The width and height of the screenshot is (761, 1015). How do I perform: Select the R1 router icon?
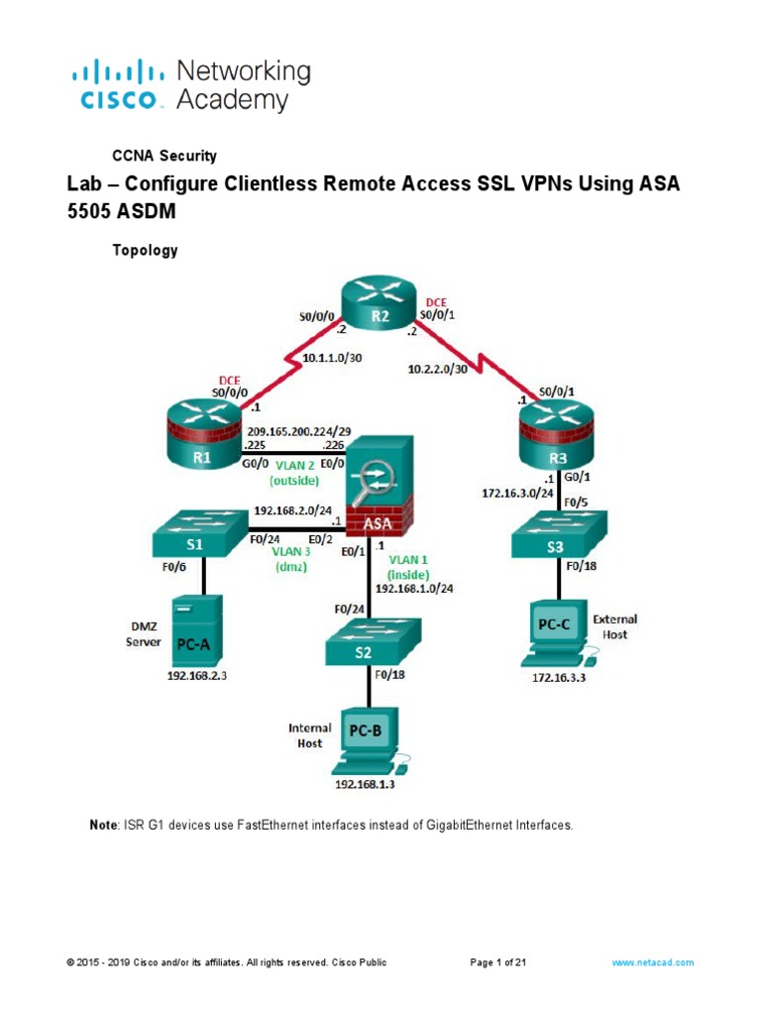pos(205,435)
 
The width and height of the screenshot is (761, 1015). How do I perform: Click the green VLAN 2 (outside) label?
pos(294,472)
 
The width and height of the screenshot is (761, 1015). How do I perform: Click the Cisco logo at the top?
pos(116,86)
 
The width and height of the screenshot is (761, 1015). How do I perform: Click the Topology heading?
pos(147,251)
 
